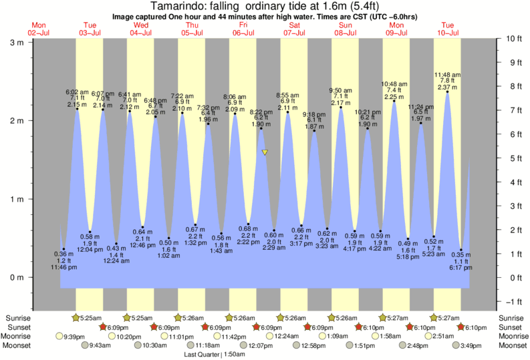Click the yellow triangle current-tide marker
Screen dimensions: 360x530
[265, 152]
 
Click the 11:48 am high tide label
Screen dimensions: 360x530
[446, 74]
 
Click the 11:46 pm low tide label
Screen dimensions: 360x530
[64, 267]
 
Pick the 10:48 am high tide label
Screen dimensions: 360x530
[394, 83]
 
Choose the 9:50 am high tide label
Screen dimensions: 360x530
[342, 90]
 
